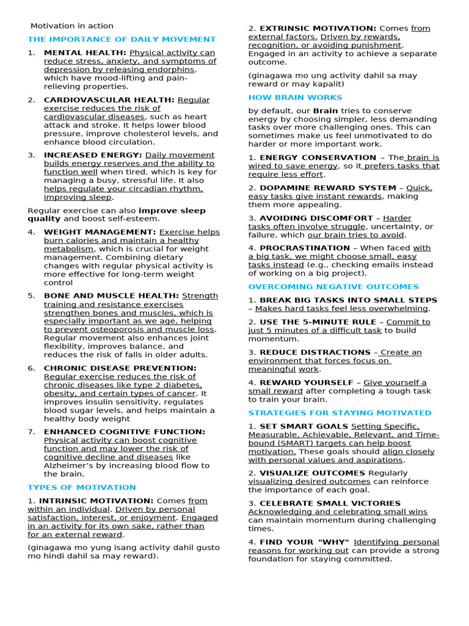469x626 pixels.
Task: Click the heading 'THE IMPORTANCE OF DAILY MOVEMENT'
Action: coord(122,39)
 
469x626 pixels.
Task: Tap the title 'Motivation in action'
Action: coord(72,26)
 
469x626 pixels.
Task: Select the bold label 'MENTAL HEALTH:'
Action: coord(85,53)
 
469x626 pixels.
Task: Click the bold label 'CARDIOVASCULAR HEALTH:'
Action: coord(109,100)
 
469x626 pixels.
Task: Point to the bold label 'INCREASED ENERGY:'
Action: coord(93,155)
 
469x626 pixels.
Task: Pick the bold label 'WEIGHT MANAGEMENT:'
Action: coord(100,232)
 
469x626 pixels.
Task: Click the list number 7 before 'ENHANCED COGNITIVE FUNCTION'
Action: coord(31,432)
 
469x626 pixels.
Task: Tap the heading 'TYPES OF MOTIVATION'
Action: coord(82,487)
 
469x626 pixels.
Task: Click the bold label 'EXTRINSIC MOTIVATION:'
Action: coord(318,28)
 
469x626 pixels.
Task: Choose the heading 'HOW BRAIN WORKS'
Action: coord(295,97)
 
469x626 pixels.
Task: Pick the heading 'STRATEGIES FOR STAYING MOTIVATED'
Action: coord(340,413)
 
